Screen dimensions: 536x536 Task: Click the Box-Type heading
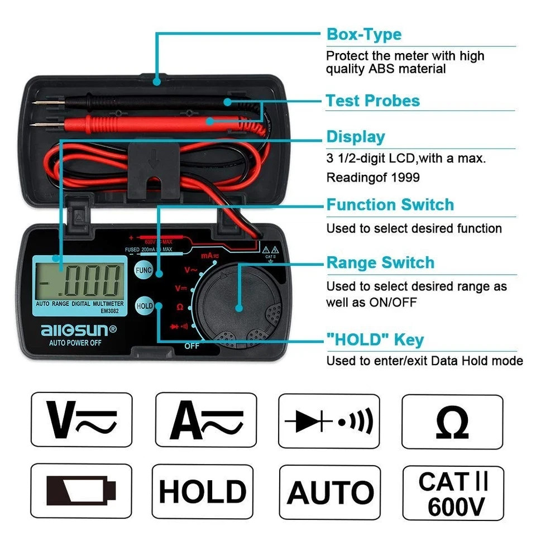pyautogui.click(x=363, y=35)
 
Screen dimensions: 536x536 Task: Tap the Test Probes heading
pyautogui.click(x=372, y=101)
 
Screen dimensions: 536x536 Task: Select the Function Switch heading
pyautogui.click(x=390, y=205)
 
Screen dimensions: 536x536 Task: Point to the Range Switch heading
pyautogui.click(x=380, y=263)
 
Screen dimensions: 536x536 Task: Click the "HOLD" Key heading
pyautogui.click(x=375, y=339)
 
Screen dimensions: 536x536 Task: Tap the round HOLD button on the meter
pyautogui.click(x=144, y=306)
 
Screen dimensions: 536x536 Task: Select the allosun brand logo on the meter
pyautogui.click(x=78, y=329)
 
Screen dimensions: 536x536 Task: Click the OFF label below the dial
pyautogui.click(x=192, y=346)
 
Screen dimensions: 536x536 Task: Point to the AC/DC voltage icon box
pyautogui.click(x=82, y=419)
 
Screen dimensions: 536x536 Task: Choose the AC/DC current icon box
pyautogui.click(x=205, y=419)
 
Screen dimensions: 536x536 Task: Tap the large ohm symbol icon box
pyautogui.click(x=452, y=422)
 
